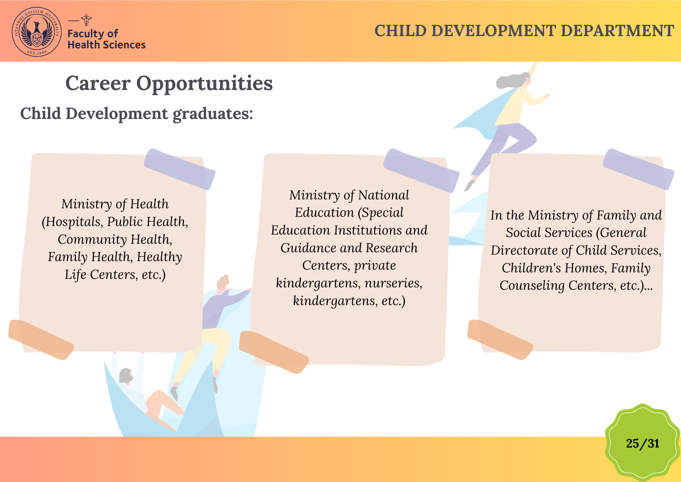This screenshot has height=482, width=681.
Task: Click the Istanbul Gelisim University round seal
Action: coord(37,32)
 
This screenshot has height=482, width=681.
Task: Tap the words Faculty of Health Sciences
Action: coord(106,39)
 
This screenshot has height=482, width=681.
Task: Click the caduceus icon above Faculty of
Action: coord(86,20)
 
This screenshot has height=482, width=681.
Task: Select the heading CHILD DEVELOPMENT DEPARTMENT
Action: coord(524,31)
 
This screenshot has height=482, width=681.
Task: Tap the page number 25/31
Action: coord(643,443)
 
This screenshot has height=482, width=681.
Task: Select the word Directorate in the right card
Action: coord(524,250)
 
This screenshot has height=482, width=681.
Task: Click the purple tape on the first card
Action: coord(179,169)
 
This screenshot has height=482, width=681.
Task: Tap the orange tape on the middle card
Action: coord(274,352)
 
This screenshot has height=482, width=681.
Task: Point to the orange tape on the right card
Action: coord(500,339)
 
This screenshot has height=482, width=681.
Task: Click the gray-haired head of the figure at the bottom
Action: coord(126,375)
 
